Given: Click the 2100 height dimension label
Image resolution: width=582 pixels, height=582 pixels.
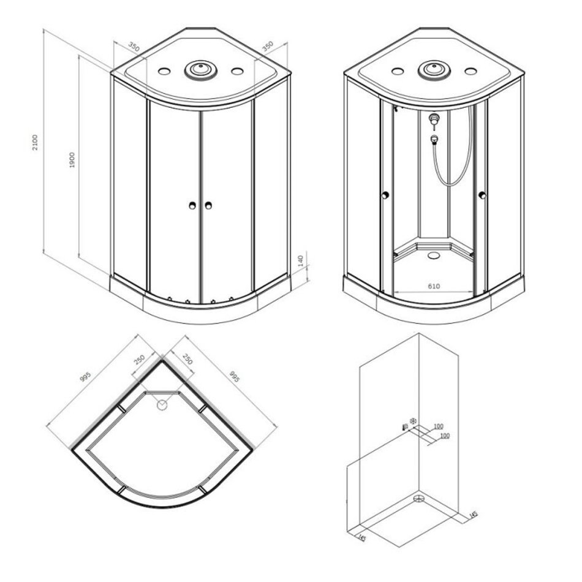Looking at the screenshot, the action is [35, 142].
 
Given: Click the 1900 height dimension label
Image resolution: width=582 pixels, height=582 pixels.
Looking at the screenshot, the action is [72, 160].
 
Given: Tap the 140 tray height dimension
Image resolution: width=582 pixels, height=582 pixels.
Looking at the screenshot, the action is [301, 260].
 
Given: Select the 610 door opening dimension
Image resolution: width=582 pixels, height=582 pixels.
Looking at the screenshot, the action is [434, 286].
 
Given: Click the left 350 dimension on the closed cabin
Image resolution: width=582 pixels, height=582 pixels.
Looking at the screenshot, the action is [134, 47].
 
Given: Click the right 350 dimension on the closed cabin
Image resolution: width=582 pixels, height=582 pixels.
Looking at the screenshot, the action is [268, 47].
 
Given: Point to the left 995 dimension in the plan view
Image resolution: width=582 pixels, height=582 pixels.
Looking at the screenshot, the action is [85, 377].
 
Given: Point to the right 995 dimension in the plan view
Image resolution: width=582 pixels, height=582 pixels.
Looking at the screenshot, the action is [234, 377].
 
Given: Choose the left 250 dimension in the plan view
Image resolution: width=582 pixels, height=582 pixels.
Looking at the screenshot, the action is [139, 359].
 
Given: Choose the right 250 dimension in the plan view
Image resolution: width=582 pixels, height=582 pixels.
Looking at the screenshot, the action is [187, 359].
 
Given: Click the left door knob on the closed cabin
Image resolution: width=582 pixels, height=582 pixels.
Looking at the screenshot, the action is [192, 205].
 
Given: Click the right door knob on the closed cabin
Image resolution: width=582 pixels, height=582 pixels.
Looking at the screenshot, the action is [208, 205].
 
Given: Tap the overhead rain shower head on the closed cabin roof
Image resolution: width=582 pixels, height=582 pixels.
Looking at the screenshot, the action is [201, 70].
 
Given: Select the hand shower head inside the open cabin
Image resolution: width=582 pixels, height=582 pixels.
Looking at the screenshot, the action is [434, 140].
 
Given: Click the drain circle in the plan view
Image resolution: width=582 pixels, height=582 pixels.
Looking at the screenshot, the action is [162, 405].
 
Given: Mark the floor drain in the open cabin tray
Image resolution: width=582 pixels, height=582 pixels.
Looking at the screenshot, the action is [433, 255].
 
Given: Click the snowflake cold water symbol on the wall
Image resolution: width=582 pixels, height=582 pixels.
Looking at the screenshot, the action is [413, 420].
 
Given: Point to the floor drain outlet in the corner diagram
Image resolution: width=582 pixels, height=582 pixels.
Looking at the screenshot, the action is [420, 499].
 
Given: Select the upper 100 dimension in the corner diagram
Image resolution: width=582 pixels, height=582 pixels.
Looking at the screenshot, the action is [439, 426].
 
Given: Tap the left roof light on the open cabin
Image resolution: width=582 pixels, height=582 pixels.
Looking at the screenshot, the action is [398, 71].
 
